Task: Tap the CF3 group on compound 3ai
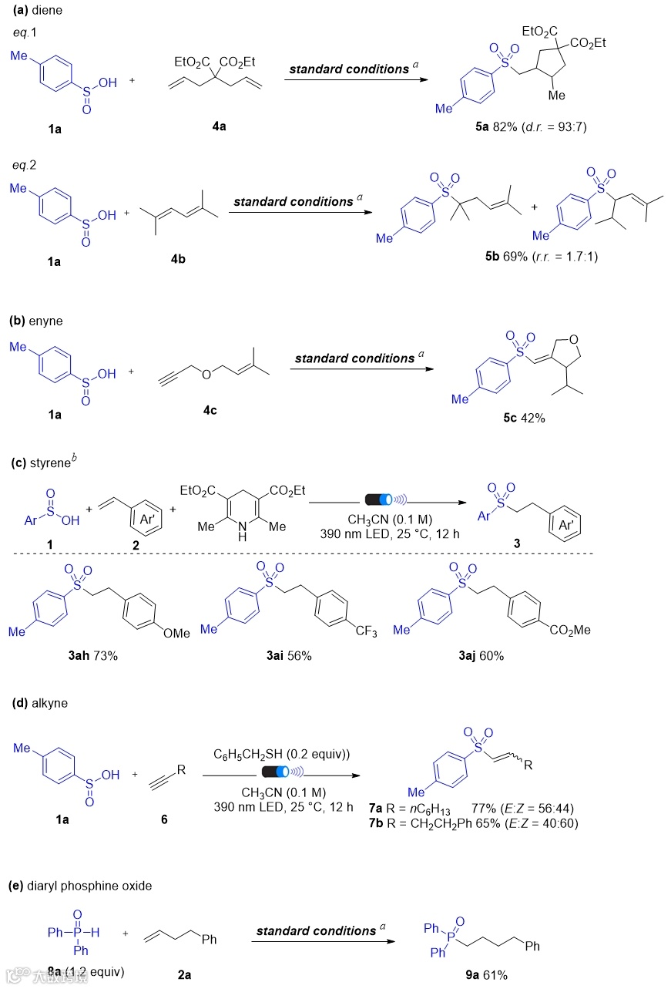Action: pyautogui.click(x=364, y=633)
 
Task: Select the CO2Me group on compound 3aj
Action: pyautogui.click(x=570, y=630)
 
